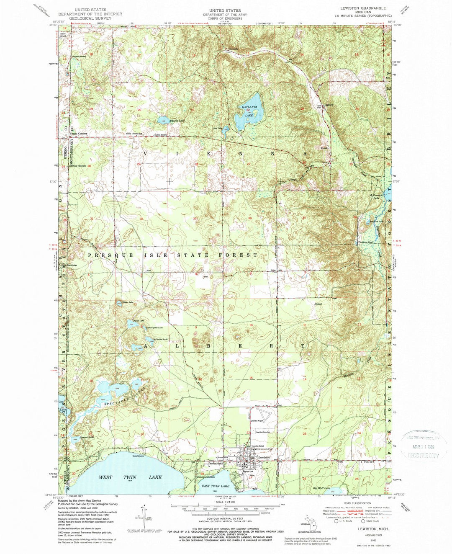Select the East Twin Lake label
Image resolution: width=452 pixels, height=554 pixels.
[x=215, y=486]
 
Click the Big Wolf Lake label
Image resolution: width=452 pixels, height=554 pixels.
[x=321, y=488]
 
